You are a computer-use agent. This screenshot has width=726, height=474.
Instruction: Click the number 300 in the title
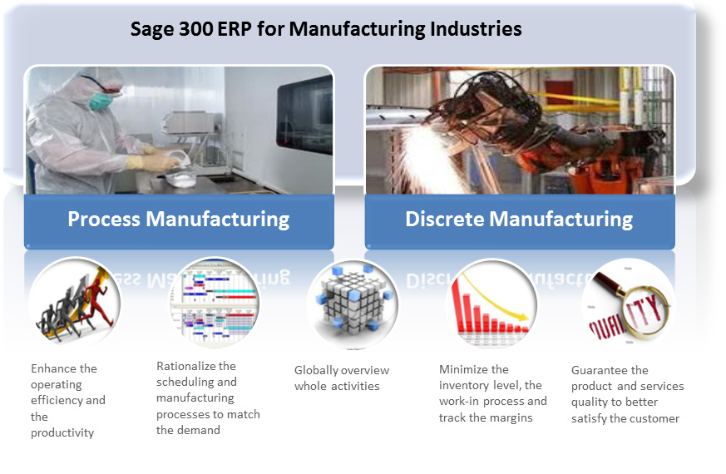click(x=196, y=29)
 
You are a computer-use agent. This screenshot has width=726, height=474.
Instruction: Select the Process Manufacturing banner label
click(x=179, y=219)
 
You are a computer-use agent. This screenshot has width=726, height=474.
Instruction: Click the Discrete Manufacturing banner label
click(x=519, y=219)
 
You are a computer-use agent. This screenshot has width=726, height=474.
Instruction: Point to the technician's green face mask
click(x=101, y=101)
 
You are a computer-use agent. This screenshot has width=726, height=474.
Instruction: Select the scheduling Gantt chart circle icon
click(x=215, y=303)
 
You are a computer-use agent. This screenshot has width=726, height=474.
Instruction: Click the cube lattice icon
click(x=353, y=301)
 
